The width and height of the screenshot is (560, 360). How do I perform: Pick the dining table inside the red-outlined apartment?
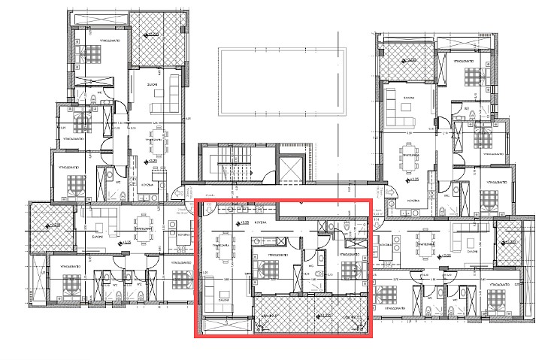tap(224, 255)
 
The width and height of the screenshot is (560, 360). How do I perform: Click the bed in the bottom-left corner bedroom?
tap(71, 283)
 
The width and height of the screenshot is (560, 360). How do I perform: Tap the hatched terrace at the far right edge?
tap(511, 241)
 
